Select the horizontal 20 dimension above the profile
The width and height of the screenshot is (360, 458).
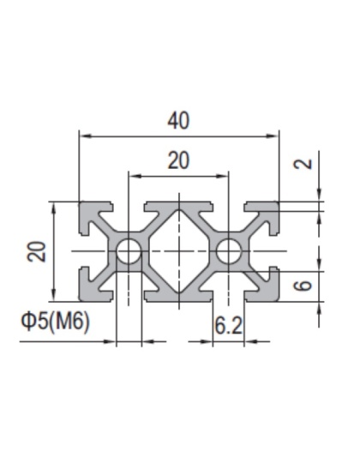point(178,160)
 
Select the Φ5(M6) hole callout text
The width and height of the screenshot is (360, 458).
point(54,322)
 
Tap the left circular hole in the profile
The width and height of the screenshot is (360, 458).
point(129,252)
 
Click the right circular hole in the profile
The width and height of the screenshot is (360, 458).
point(229,252)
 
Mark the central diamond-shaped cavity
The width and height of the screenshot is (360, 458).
point(178,252)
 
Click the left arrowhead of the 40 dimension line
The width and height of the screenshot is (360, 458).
point(83,135)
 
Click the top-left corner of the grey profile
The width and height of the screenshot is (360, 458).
point(81,204)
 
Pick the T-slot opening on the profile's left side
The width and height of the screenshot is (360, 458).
point(85,252)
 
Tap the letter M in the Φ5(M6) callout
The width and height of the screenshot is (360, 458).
point(63,322)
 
